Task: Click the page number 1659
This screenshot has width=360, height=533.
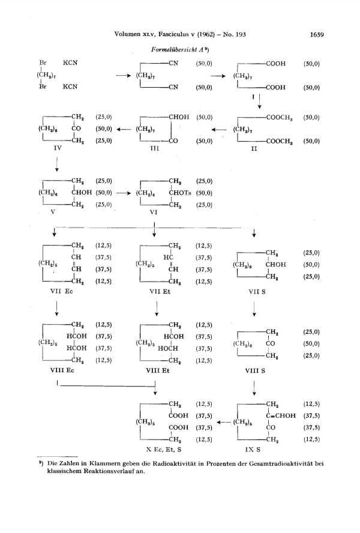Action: click(x=317, y=34)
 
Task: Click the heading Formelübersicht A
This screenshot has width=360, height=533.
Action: click(x=178, y=50)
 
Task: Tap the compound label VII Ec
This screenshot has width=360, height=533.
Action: click(x=62, y=291)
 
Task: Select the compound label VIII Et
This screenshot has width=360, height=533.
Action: click(x=158, y=370)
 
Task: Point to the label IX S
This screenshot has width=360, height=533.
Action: click(x=253, y=450)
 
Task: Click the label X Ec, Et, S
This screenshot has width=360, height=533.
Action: click(x=164, y=450)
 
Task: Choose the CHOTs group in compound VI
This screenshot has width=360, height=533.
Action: click(x=180, y=193)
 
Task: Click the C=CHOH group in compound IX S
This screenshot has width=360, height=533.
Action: click(x=281, y=415)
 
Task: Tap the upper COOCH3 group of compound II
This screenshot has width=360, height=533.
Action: click(x=280, y=118)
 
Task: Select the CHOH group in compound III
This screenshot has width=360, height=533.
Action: click(x=179, y=117)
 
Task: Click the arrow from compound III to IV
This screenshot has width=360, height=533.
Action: click(x=124, y=129)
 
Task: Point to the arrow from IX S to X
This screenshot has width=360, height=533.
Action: click(x=224, y=422)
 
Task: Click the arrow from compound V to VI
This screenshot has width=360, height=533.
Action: click(x=124, y=193)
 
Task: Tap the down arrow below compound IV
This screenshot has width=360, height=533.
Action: click(x=57, y=164)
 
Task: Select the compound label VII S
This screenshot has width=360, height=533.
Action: click(x=257, y=292)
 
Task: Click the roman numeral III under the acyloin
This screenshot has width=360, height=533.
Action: click(x=155, y=148)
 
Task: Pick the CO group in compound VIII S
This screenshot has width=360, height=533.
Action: click(x=270, y=344)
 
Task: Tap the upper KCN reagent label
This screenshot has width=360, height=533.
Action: click(x=70, y=63)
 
